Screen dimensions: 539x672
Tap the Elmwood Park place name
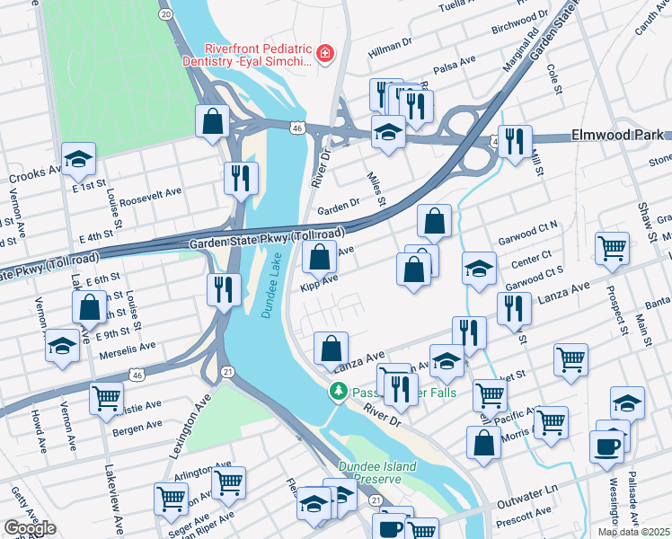point(617,136)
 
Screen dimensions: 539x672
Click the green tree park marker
point(338,392)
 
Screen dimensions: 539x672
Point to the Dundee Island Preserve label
point(377,473)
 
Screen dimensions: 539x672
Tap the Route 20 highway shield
point(164,14)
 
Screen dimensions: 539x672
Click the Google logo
point(30,528)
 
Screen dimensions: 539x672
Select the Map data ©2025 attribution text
point(633,532)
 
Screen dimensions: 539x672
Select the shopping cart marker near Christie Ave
point(106,396)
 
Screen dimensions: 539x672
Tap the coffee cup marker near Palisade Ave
point(606,445)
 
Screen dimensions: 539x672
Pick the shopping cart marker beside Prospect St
point(612,246)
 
